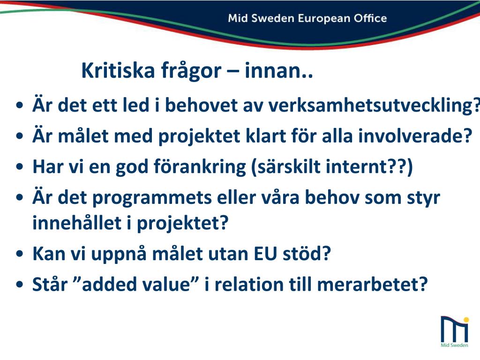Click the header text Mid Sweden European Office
[307, 18]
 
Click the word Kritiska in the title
[118, 70]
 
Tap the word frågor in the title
[191, 71]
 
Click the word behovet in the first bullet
[202, 105]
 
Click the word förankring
[200, 167]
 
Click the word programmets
[152, 198]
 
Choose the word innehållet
[77, 223]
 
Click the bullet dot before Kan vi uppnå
[20, 254]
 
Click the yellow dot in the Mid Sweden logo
[466, 320]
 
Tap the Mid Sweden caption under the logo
[454, 345]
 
